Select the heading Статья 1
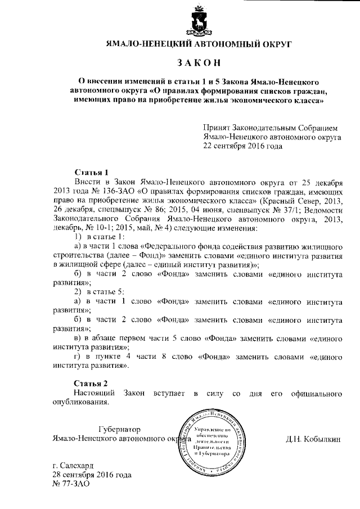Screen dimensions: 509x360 pos(91,172)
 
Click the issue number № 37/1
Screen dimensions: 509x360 pos(258,210)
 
